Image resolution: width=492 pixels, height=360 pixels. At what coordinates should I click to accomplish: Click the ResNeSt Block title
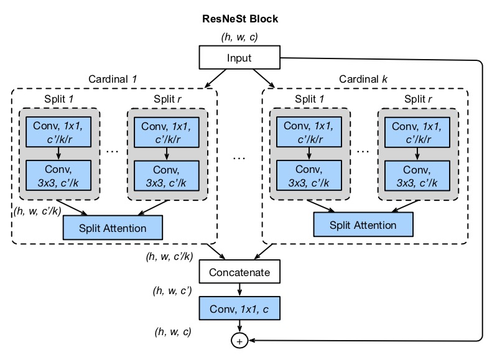[x=239, y=19]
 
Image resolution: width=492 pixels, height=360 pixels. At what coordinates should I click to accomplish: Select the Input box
[x=239, y=59]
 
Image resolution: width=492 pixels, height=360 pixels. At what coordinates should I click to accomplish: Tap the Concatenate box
[x=239, y=272]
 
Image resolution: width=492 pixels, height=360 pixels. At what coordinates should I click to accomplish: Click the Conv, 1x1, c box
[x=239, y=307]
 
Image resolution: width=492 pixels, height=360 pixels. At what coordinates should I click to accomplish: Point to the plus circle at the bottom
[x=239, y=341]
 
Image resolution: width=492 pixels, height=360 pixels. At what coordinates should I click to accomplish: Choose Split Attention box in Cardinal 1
[x=113, y=228]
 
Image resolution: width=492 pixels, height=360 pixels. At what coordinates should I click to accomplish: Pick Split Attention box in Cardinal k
[x=363, y=225]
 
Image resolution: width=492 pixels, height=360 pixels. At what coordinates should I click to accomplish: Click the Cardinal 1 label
[x=113, y=80]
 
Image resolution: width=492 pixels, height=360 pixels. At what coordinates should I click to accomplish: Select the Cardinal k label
[x=364, y=80]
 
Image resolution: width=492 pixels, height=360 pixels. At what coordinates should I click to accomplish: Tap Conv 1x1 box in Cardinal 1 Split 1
[x=58, y=132]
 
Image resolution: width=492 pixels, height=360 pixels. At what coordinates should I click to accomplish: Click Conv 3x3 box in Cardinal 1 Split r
[x=166, y=175]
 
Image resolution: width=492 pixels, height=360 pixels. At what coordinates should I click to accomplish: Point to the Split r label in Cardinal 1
[x=167, y=99]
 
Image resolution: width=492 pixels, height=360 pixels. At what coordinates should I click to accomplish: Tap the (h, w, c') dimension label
[x=172, y=290]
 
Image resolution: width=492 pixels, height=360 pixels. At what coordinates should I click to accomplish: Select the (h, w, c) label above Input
[x=239, y=37]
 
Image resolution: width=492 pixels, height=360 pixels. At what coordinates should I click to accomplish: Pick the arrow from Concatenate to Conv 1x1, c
[x=239, y=289]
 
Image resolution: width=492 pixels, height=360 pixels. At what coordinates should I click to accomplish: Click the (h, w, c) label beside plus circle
[x=172, y=331]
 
